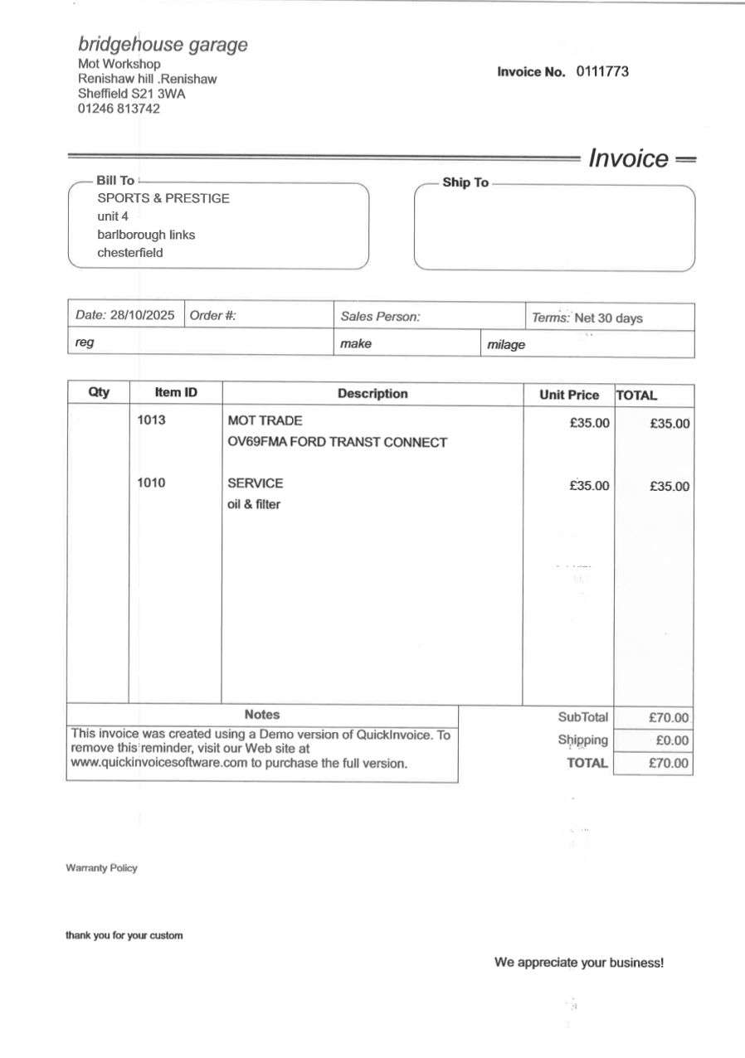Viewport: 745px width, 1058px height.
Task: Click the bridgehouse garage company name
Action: pos(163,45)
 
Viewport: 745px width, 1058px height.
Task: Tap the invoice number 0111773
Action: pos(602,71)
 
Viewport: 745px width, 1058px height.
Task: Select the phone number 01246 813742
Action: pos(119,109)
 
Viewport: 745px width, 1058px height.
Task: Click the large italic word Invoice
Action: pos(628,158)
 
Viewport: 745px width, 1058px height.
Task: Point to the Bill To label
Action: pos(115,181)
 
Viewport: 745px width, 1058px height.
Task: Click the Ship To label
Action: pos(465,182)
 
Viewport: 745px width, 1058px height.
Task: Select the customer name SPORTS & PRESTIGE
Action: pos(163,199)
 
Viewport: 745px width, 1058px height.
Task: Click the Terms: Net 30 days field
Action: pos(587,318)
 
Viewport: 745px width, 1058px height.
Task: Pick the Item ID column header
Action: pos(176,392)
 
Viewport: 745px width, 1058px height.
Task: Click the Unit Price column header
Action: pos(569,396)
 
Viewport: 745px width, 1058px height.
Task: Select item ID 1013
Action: pos(151,420)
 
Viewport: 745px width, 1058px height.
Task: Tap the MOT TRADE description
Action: pos(265,420)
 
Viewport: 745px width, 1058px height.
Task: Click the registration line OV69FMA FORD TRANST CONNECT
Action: pos(337,442)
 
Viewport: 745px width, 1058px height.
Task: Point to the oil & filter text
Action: pos(254,504)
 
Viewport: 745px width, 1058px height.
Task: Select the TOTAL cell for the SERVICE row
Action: pos(669,487)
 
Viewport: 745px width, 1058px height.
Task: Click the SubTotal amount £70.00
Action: pos(669,718)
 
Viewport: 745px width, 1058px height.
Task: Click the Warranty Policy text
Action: pos(101,868)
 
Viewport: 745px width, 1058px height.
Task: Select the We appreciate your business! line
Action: pos(579,963)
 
